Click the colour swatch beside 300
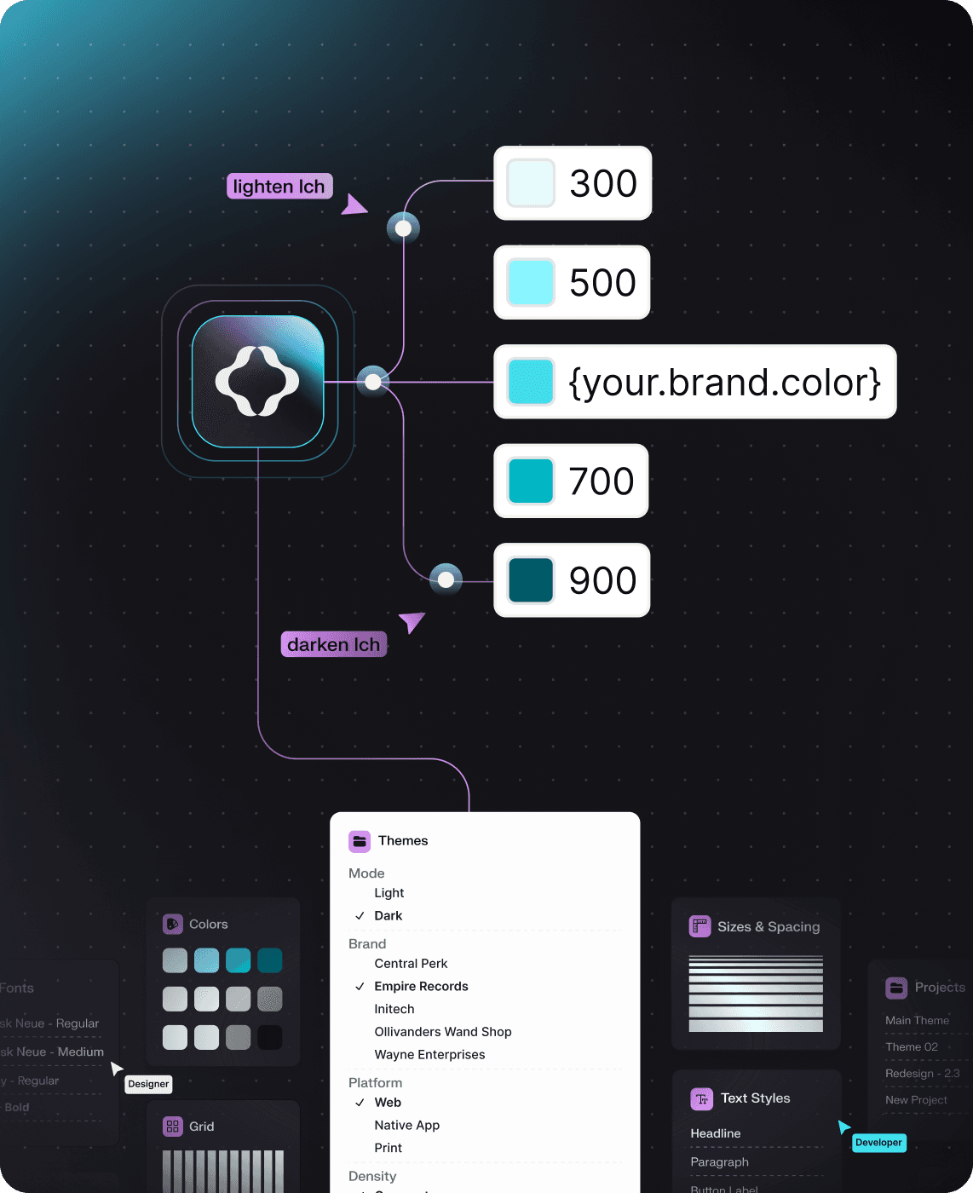tap(531, 183)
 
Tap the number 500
tap(602, 283)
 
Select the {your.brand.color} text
tap(724, 383)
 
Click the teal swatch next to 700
tap(531, 481)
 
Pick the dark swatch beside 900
tap(531, 580)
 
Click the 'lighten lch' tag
tap(279, 187)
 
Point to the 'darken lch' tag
tap(333, 644)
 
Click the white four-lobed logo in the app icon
tap(257, 381)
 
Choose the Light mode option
tap(389, 893)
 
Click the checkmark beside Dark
tap(360, 916)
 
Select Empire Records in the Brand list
tap(421, 986)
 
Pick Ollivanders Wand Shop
tap(443, 1032)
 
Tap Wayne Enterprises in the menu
tap(429, 1055)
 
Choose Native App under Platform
tap(407, 1126)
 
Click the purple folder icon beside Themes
tap(360, 841)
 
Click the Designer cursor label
tap(148, 1084)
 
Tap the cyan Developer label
tap(878, 1143)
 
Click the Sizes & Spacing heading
tap(768, 927)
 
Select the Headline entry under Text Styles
tap(716, 1133)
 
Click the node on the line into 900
tap(446, 580)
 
